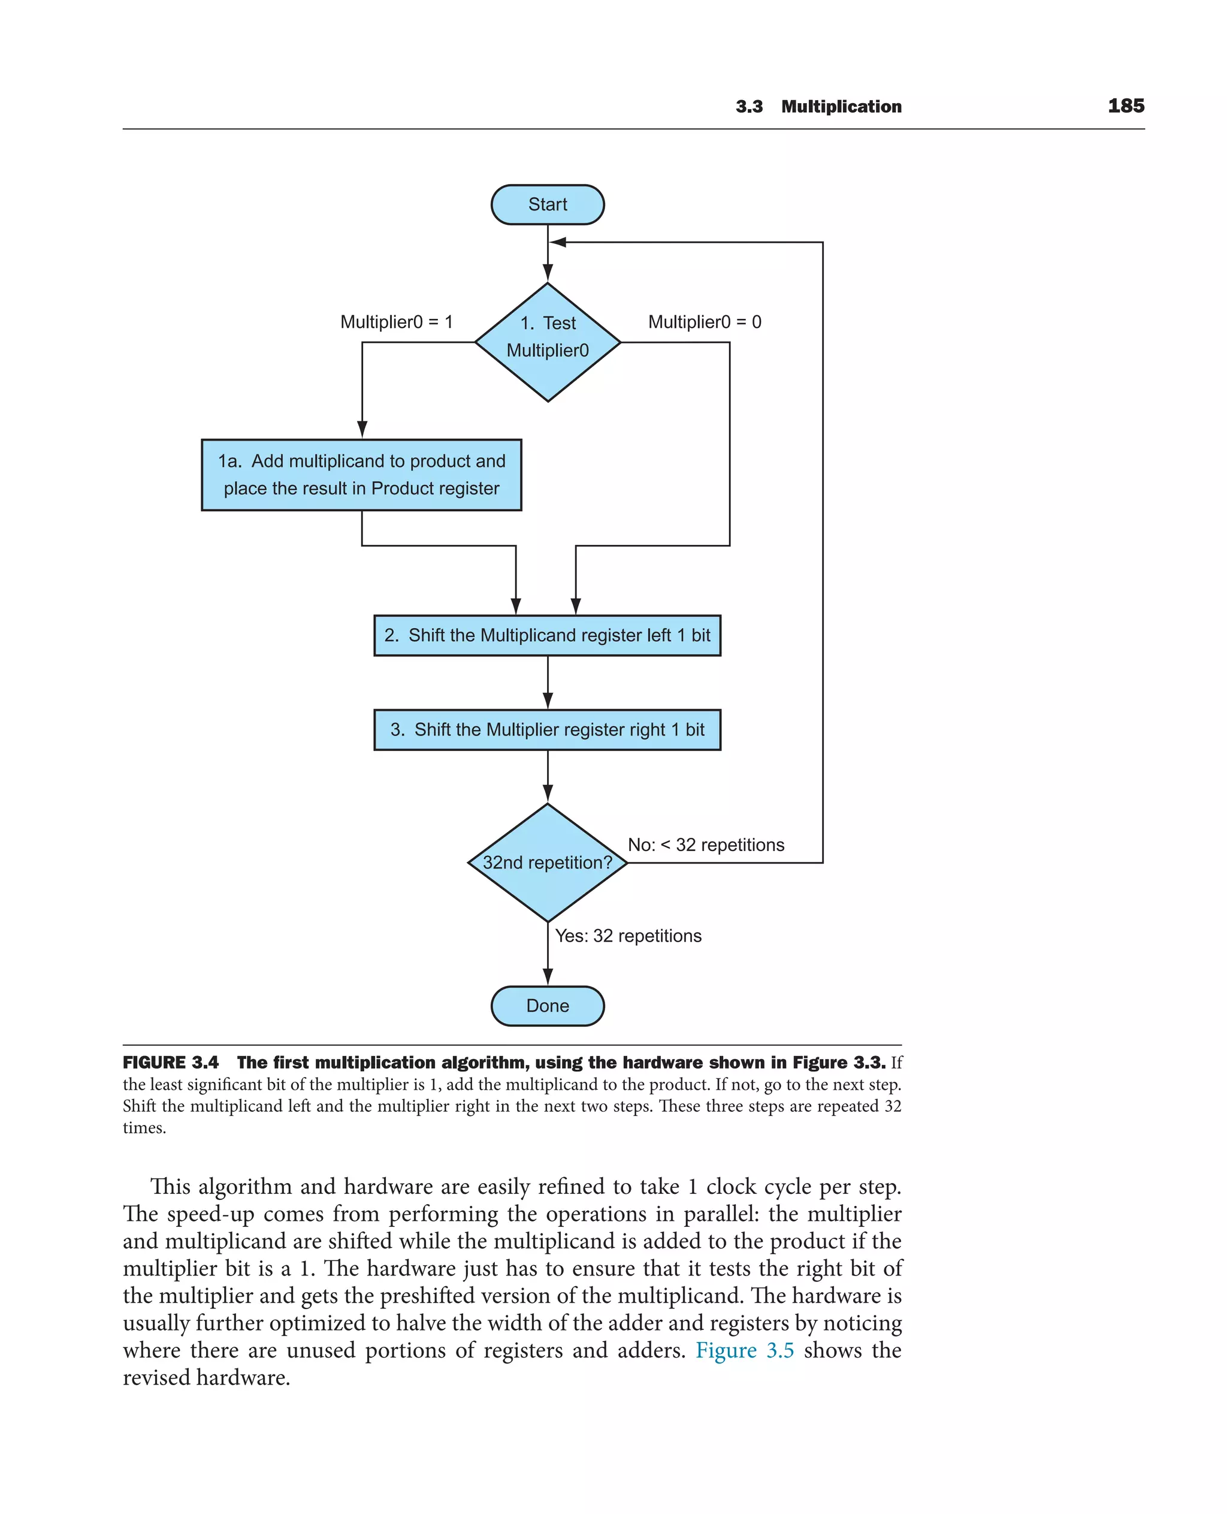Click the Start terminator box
click(547, 204)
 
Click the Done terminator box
click(547, 1006)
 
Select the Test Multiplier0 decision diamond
click(547, 342)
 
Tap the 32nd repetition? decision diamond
click(547, 862)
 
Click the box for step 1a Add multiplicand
click(361, 475)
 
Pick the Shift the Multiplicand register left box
click(547, 635)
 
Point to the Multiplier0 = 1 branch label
click(396, 322)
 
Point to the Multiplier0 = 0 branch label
click(704, 322)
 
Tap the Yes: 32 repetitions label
click(628, 936)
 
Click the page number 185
click(1125, 106)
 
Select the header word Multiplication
click(841, 107)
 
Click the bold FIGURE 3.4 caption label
click(170, 1062)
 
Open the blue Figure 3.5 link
click(744, 1349)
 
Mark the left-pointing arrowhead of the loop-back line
click(558, 242)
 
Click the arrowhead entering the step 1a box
click(362, 429)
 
